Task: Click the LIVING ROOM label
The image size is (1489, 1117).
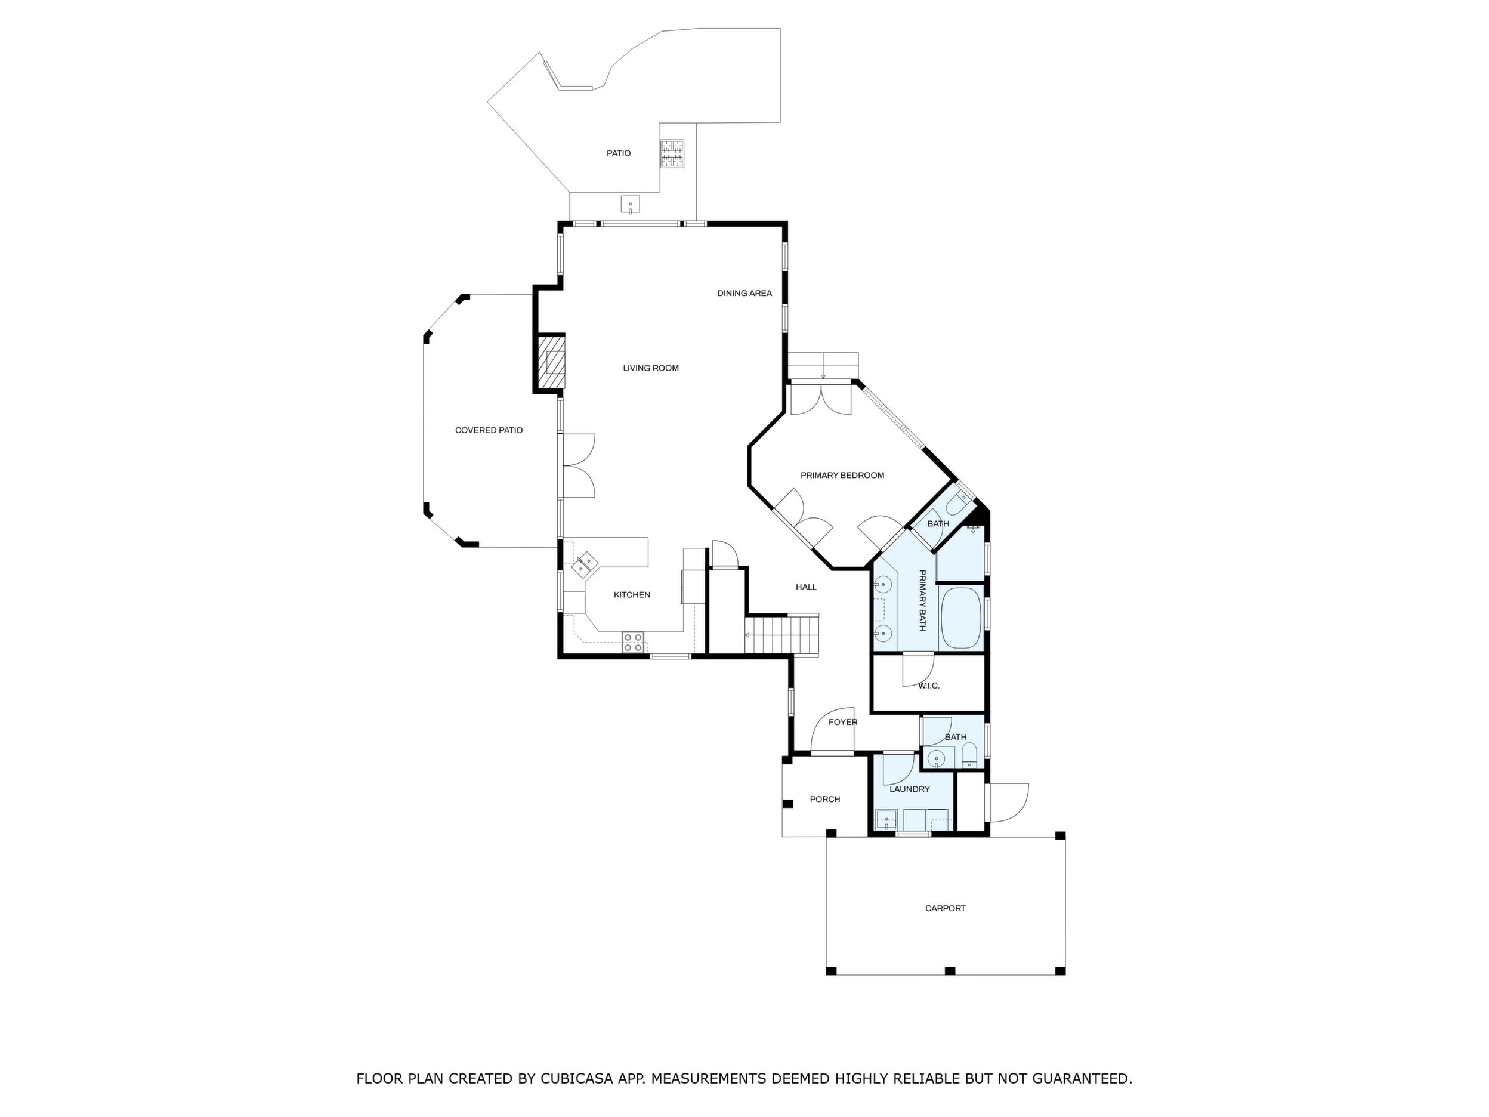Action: pos(650,368)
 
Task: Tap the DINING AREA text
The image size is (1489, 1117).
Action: pos(744,294)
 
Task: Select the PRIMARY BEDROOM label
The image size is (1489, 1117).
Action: pos(842,476)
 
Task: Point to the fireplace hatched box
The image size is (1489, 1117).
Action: pos(551,363)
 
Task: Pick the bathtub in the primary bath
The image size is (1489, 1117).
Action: pos(960,619)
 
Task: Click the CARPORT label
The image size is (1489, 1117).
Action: pos(945,908)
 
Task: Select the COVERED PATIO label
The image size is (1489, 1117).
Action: pos(489,430)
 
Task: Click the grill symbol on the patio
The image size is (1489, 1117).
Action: pos(672,153)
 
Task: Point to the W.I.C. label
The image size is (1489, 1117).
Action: pos(928,686)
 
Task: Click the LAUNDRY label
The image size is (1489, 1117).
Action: pos(909,789)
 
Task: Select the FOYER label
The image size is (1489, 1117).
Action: pos(843,723)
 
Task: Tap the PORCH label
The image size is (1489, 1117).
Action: pos(824,799)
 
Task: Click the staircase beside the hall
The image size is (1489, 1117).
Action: pos(781,634)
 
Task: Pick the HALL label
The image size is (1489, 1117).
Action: pos(806,587)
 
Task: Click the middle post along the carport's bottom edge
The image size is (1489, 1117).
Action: pos(950,971)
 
